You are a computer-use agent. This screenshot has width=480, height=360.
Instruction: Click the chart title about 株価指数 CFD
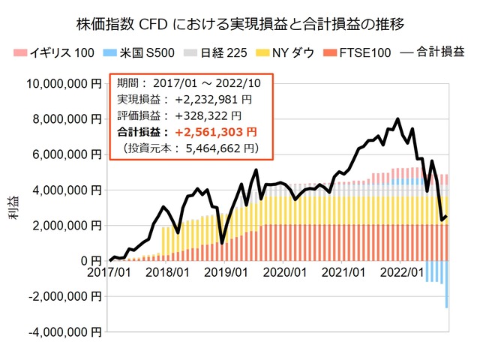(240, 24)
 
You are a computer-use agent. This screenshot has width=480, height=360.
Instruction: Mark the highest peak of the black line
(397, 119)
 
